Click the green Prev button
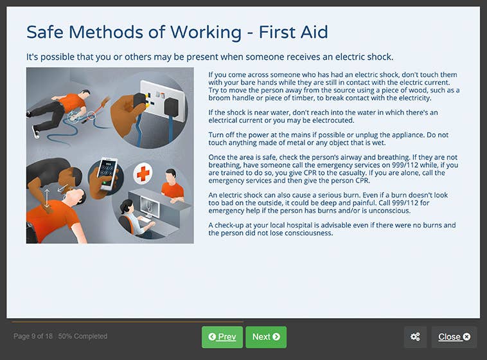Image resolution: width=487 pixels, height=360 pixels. (222, 337)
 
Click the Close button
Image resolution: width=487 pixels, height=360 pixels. (454, 337)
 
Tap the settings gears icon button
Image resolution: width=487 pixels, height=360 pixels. (416, 337)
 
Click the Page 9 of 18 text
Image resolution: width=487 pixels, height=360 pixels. (33, 336)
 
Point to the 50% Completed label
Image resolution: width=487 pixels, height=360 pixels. (83, 336)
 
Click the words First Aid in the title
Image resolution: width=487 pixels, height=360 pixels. (296, 32)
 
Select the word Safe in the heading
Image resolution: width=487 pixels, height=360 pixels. (45, 32)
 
